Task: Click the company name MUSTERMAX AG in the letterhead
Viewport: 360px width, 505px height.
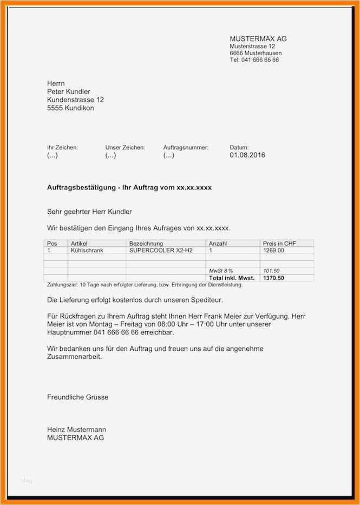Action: pos(258,39)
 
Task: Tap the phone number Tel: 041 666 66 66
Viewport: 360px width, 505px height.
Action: pos(254,60)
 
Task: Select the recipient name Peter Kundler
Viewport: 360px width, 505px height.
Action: pos(69,91)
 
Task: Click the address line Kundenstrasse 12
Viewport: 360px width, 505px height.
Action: pos(75,100)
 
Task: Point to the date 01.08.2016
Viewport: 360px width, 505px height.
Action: pos(247,155)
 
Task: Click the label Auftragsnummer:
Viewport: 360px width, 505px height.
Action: pos(186,147)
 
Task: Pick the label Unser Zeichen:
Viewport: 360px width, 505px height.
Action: pos(125,147)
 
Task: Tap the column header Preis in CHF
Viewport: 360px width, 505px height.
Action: pos(280,244)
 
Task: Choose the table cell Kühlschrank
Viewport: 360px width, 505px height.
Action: pos(87,251)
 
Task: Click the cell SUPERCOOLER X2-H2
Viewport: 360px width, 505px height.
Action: pos(157,251)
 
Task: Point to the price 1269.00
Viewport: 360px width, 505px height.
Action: pos(273,251)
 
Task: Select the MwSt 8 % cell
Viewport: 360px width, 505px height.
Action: pos(221,271)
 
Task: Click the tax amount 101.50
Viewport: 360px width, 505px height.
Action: pos(272,271)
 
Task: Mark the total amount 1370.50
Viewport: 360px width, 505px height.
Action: pos(273,278)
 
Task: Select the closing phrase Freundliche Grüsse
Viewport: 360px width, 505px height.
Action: pos(77,397)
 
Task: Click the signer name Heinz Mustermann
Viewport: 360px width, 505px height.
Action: pos(76,430)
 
